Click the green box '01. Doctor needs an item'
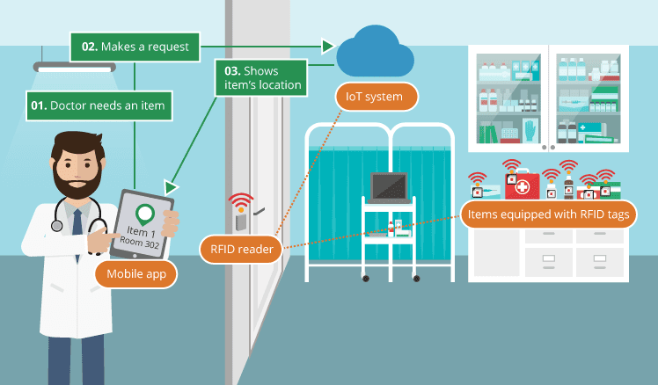(x=97, y=105)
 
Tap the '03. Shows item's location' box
(x=261, y=76)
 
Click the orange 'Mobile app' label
(x=136, y=273)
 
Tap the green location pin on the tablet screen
(x=144, y=214)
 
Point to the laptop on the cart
(x=388, y=187)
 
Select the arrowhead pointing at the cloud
(x=328, y=46)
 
